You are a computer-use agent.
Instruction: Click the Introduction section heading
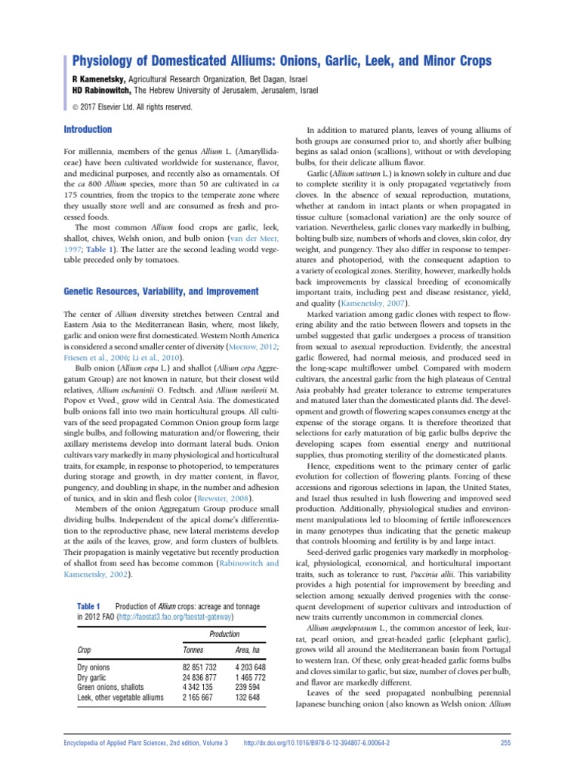point(88,130)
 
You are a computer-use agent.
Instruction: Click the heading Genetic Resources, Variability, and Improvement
point(161,291)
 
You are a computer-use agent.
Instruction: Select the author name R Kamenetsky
point(99,79)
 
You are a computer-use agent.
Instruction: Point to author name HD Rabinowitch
point(101,90)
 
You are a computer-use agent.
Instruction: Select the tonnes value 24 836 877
point(200,678)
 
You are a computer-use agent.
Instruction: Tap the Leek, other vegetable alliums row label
point(121,698)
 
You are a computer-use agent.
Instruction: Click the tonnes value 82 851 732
point(200,668)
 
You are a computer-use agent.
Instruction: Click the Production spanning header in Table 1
point(224,633)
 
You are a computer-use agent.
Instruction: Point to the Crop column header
point(86,649)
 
